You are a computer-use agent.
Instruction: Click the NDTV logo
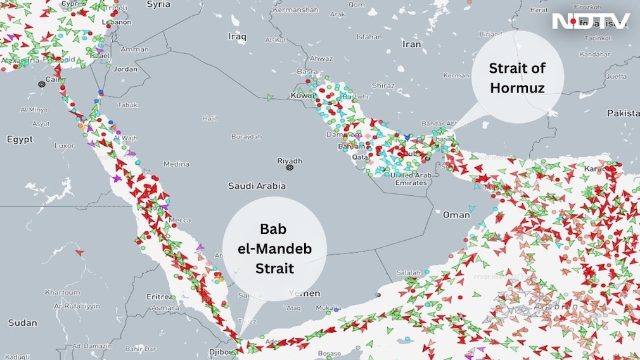591,21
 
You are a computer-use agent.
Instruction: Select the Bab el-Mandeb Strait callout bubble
274,248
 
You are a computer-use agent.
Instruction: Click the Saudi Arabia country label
257,186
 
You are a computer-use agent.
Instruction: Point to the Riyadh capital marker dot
290,168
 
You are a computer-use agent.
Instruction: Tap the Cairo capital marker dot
42,84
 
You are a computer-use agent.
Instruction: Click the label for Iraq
237,37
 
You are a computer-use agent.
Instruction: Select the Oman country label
456,215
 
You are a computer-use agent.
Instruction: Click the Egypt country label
20,139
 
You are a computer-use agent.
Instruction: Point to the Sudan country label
22,323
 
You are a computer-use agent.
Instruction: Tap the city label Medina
176,164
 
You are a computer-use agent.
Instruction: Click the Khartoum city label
62,292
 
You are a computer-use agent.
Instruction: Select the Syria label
158,4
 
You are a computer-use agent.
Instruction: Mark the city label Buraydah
246,136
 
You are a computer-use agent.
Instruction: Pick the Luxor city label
64,145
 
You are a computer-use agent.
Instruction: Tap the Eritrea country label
160,297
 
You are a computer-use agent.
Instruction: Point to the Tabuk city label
127,105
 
